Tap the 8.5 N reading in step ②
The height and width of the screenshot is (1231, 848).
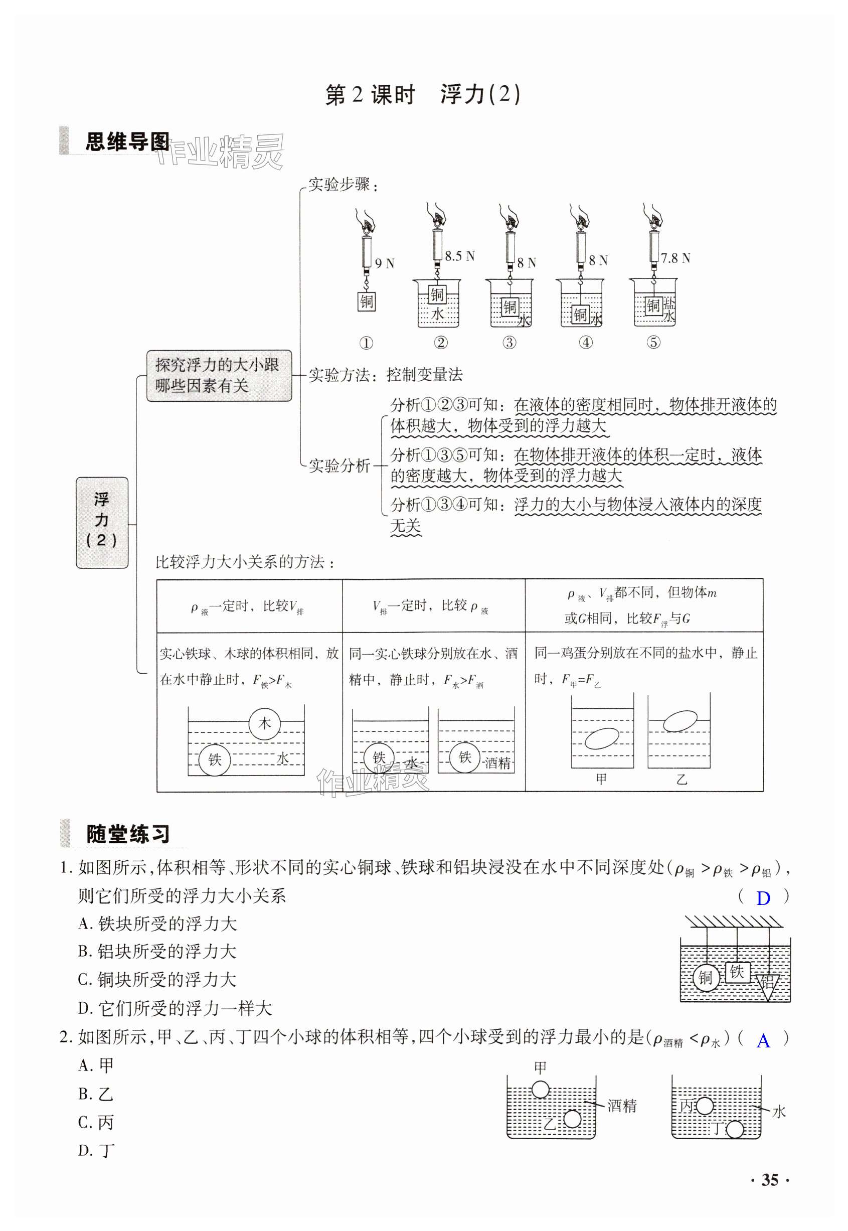point(459,256)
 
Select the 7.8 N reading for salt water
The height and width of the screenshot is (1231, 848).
point(675,258)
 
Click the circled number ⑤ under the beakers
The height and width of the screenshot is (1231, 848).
point(653,342)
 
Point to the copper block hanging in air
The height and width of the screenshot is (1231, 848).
point(367,301)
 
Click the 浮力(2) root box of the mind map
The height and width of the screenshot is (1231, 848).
point(102,522)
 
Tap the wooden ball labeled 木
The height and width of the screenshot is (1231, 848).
point(264,723)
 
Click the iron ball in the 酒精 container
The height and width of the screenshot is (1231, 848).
point(464,757)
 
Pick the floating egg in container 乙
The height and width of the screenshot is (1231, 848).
point(680,721)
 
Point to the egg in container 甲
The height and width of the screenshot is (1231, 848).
point(602,738)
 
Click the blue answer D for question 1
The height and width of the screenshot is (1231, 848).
point(763,898)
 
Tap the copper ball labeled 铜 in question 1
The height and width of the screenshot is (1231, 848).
point(706,978)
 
